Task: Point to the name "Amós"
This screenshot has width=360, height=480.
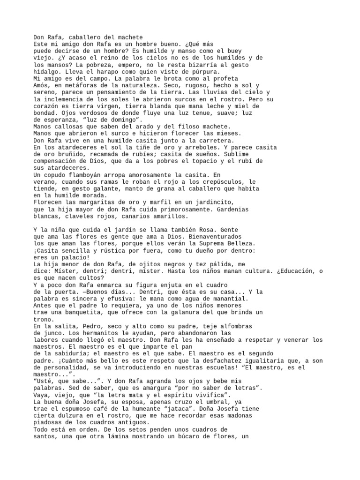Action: (x=41, y=85)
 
